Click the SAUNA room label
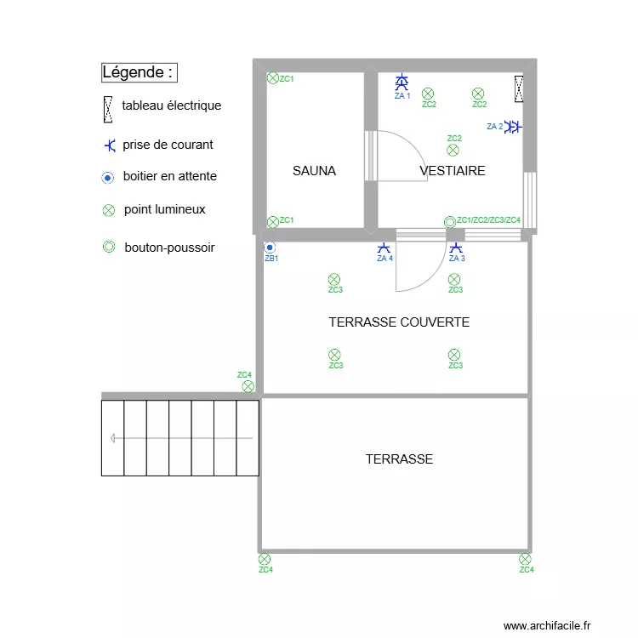click(x=314, y=171)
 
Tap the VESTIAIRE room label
click(x=453, y=171)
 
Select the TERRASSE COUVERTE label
click(x=399, y=322)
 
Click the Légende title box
click(x=139, y=72)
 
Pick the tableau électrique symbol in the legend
click(x=108, y=107)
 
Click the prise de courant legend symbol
click(x=109, y=145)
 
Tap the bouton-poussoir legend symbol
click(x=108, y=248)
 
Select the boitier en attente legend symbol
click(x=108, y=178)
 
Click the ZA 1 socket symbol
click(x=402, y=83)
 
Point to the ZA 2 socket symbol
click(x=513, y=127)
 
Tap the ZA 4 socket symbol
click(x=385, y=248)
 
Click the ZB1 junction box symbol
click(x=271, y=247)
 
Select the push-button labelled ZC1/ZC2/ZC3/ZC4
click(x=450, y=222)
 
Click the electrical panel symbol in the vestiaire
click(x=518, y=88)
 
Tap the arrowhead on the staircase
click(x=113, y=438)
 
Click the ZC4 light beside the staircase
click(x=248, y=386)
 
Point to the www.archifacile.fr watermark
click(x=546, y=625)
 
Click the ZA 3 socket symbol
click(x=456, y=248)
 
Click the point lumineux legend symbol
click(x=108, y=210)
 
